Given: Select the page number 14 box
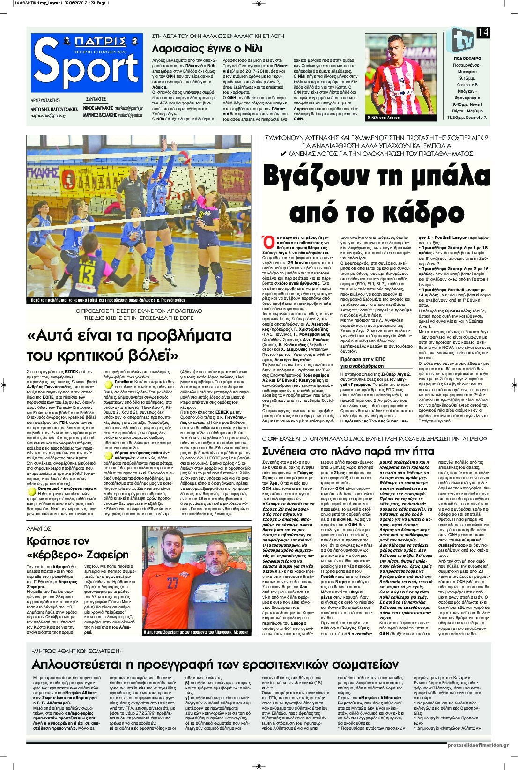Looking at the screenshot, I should (483, 32).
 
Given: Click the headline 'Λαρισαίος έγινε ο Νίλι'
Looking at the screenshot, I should (198, 49).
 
